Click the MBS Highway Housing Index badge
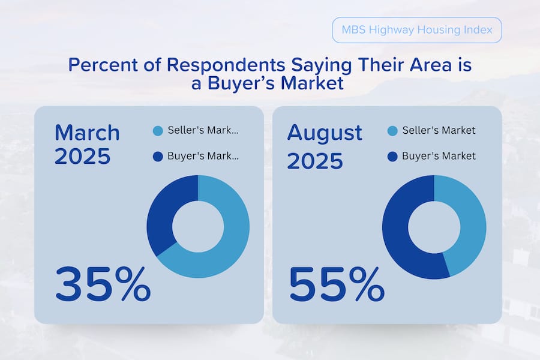pyautogui.click(x=416, y=30)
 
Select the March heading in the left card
pyautogui.click(x=87, y=133)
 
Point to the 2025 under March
pyautogui.click(x=83, y=156)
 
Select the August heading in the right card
pyautogui.click(x=325, y=133)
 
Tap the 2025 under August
pyautogui.click(x=315, y=160)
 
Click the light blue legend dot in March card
pyautogui.click(x=158, y=131)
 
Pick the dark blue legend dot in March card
pyautogui.click(x=158, y=157)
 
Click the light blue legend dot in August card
pyautogui.click(x=392, y=131)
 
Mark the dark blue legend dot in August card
pyautogui.click(x=392, y=157)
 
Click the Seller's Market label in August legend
pyautogui.click(x=439, y=131)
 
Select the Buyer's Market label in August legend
pyautogui.click(x=439, y=156)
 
